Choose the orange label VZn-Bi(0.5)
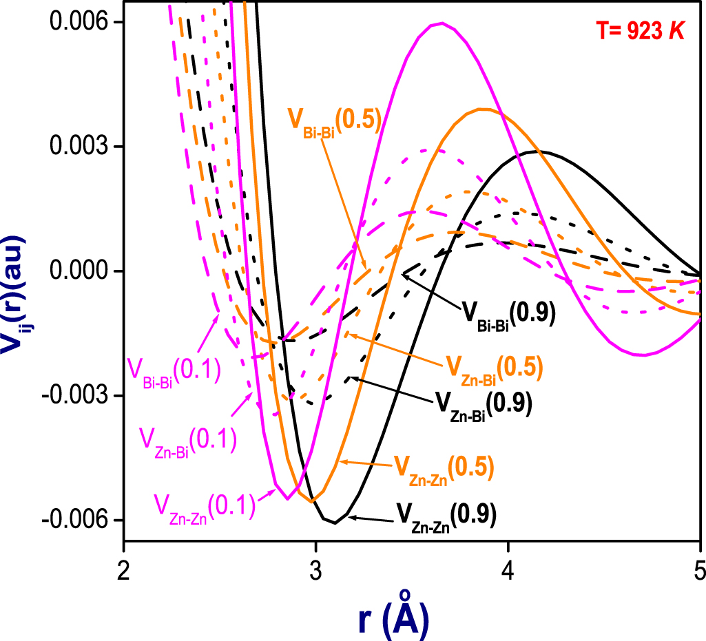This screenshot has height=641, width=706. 494,367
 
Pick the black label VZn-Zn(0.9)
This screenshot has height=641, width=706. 446,514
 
